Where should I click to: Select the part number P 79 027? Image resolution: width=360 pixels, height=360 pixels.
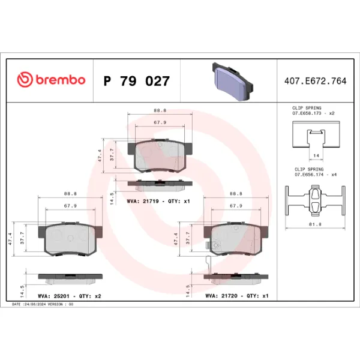(x=136, y=80)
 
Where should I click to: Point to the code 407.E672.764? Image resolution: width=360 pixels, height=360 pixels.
(x=313, y=80)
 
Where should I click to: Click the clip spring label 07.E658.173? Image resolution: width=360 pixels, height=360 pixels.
(x=310, y=113)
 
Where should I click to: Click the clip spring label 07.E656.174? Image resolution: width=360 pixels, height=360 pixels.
(x=310, y=175)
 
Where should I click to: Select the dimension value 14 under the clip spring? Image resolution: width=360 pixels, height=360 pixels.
(x=314, y=155)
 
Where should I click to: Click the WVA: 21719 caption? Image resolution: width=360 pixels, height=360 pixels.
(x=158, y=201)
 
